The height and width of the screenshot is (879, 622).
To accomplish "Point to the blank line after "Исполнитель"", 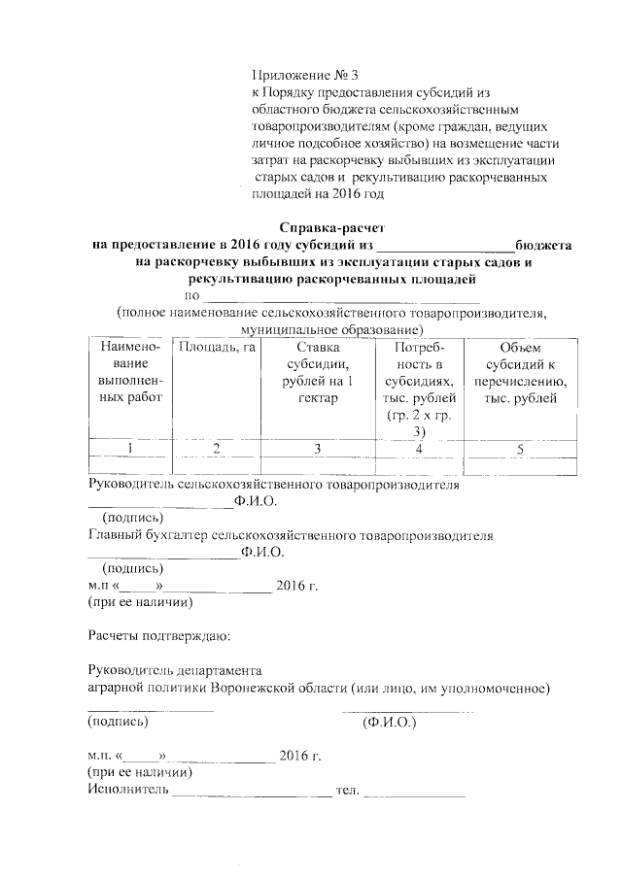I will tap(251, 794).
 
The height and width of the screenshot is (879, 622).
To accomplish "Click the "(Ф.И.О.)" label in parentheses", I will tap(389, 723).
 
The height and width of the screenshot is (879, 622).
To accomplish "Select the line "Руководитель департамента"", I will tap(175, 670).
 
